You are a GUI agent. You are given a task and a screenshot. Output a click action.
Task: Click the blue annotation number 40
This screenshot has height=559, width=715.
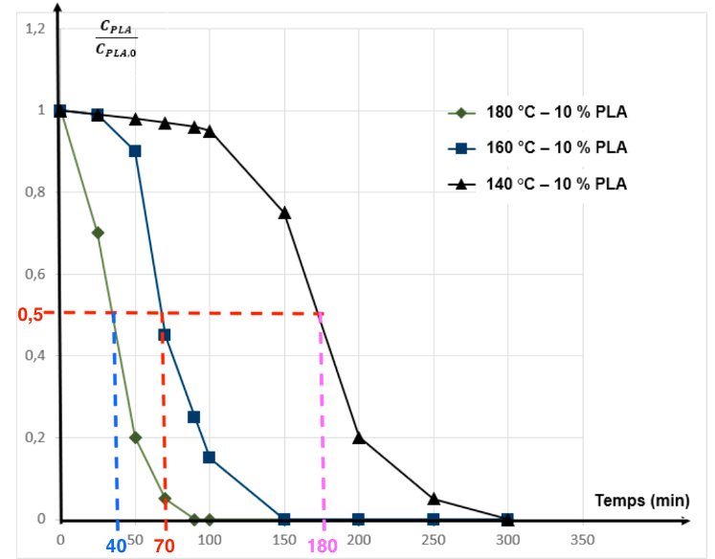click(116, 546)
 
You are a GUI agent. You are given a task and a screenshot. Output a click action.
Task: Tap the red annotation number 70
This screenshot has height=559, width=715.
click(165, 546)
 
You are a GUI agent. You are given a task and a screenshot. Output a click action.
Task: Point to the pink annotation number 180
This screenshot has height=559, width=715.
click(323, 546)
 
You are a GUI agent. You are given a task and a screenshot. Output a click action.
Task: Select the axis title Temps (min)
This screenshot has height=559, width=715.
click(641, 500)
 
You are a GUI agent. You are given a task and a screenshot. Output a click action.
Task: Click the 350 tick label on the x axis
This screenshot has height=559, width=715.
click(582, 539)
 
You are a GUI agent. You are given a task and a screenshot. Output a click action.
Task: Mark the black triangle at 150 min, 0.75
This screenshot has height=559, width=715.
click(284, 212)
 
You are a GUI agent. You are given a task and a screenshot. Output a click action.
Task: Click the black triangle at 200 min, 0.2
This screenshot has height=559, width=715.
click(359, 437)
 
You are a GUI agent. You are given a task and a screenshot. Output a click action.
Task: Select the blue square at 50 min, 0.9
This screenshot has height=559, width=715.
click(135, 151)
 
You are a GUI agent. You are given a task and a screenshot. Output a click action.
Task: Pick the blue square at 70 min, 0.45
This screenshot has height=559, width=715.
click(165, 335)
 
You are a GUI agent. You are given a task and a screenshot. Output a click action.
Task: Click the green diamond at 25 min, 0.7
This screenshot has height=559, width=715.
click(98, 233)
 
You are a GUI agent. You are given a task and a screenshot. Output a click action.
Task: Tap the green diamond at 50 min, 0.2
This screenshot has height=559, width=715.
click(135, 437)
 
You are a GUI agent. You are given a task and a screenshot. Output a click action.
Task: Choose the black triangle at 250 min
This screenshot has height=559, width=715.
click(434, 499)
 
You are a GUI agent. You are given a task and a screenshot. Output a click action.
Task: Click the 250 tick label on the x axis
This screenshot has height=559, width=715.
click(434, 539)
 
